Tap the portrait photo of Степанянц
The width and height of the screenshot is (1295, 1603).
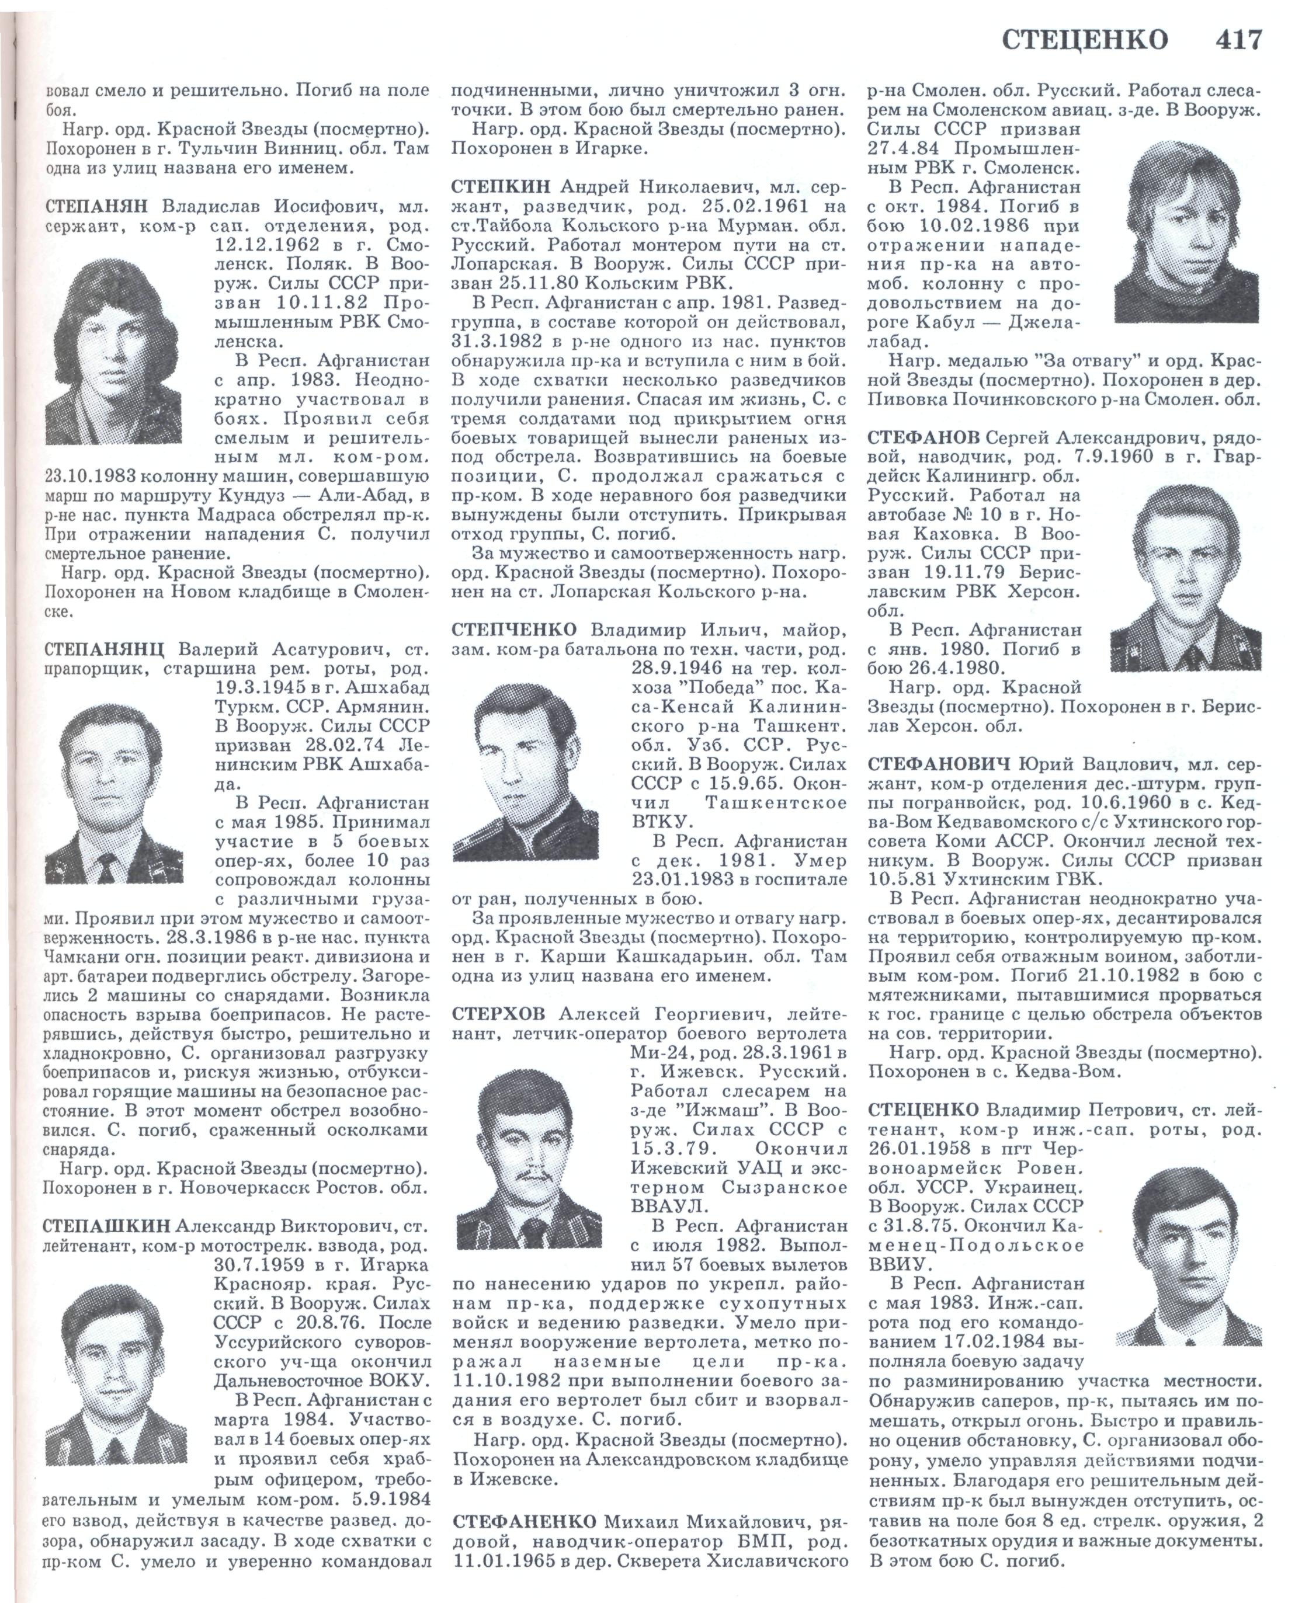click(113, 792)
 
